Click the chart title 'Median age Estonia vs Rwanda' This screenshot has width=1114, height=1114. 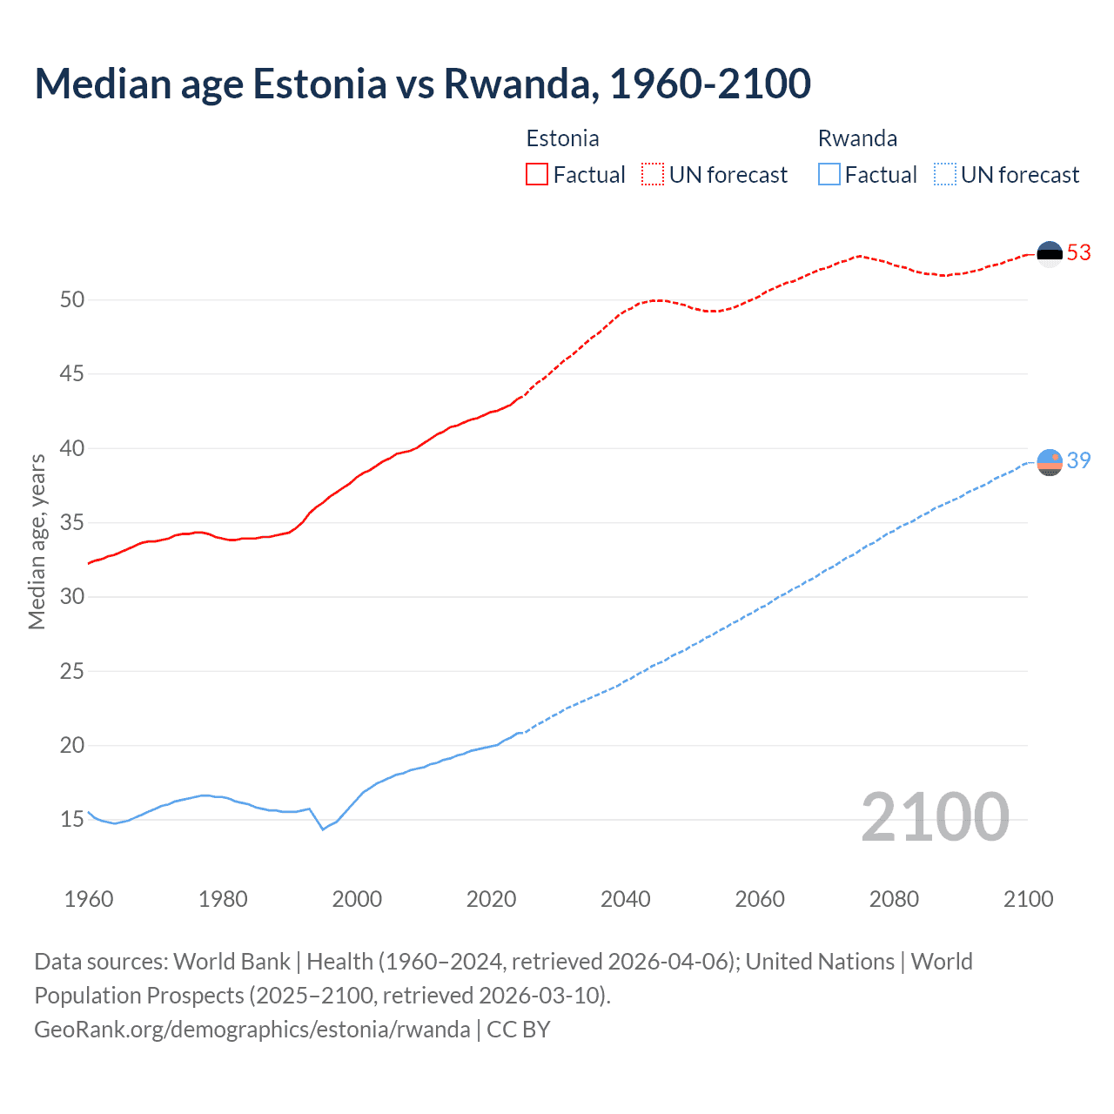[422, 84]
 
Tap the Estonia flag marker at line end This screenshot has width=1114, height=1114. [1050, 253]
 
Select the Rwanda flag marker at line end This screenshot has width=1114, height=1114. [1050, 462]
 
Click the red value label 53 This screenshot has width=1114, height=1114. [1078, 252]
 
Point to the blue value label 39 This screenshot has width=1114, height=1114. [1078, 460]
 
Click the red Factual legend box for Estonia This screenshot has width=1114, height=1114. [537, 175]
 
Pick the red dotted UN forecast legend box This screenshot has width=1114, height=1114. [653, 175]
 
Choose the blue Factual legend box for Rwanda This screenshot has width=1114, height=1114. [829, 175]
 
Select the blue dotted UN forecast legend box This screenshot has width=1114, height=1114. [944, 175]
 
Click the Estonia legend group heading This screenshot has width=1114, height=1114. [562, 138]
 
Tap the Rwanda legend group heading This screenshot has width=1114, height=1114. [857, 138]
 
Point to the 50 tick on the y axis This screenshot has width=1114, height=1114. [72, 300]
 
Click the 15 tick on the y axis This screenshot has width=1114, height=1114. [72, 820]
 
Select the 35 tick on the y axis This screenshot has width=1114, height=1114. [72, 523]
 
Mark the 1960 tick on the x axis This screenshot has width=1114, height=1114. [89, 899]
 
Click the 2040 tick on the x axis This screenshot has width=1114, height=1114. [626, 899]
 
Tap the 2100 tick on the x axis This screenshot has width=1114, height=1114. [1028, 899]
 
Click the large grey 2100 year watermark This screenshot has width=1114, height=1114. [935, 817]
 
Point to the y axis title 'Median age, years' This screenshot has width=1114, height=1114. [37, 541]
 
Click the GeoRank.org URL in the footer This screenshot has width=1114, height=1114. [252, 1030]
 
